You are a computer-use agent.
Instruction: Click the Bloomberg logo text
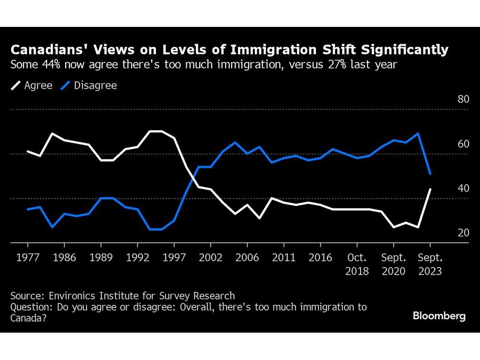[x=439, y=316]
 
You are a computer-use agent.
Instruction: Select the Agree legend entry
[x=32, y=86]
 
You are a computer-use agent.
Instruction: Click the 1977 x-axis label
[x=27, y=258]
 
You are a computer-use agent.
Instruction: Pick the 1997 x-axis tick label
[x=174, y=258]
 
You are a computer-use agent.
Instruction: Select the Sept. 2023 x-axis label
[x=430, y=264]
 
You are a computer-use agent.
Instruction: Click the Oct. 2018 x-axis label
[x=357, y=264]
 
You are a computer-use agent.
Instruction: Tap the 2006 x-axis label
[x=247, y=258]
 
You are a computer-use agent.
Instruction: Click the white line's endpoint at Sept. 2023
[x=430, y=189]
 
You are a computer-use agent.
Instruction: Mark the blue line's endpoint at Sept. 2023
[x=430, y=174]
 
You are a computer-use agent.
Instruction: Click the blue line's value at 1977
[x=27, y=209]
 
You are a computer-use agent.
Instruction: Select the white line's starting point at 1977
[x=27, y=151]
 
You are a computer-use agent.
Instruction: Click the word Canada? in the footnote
[x=28, y=318]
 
